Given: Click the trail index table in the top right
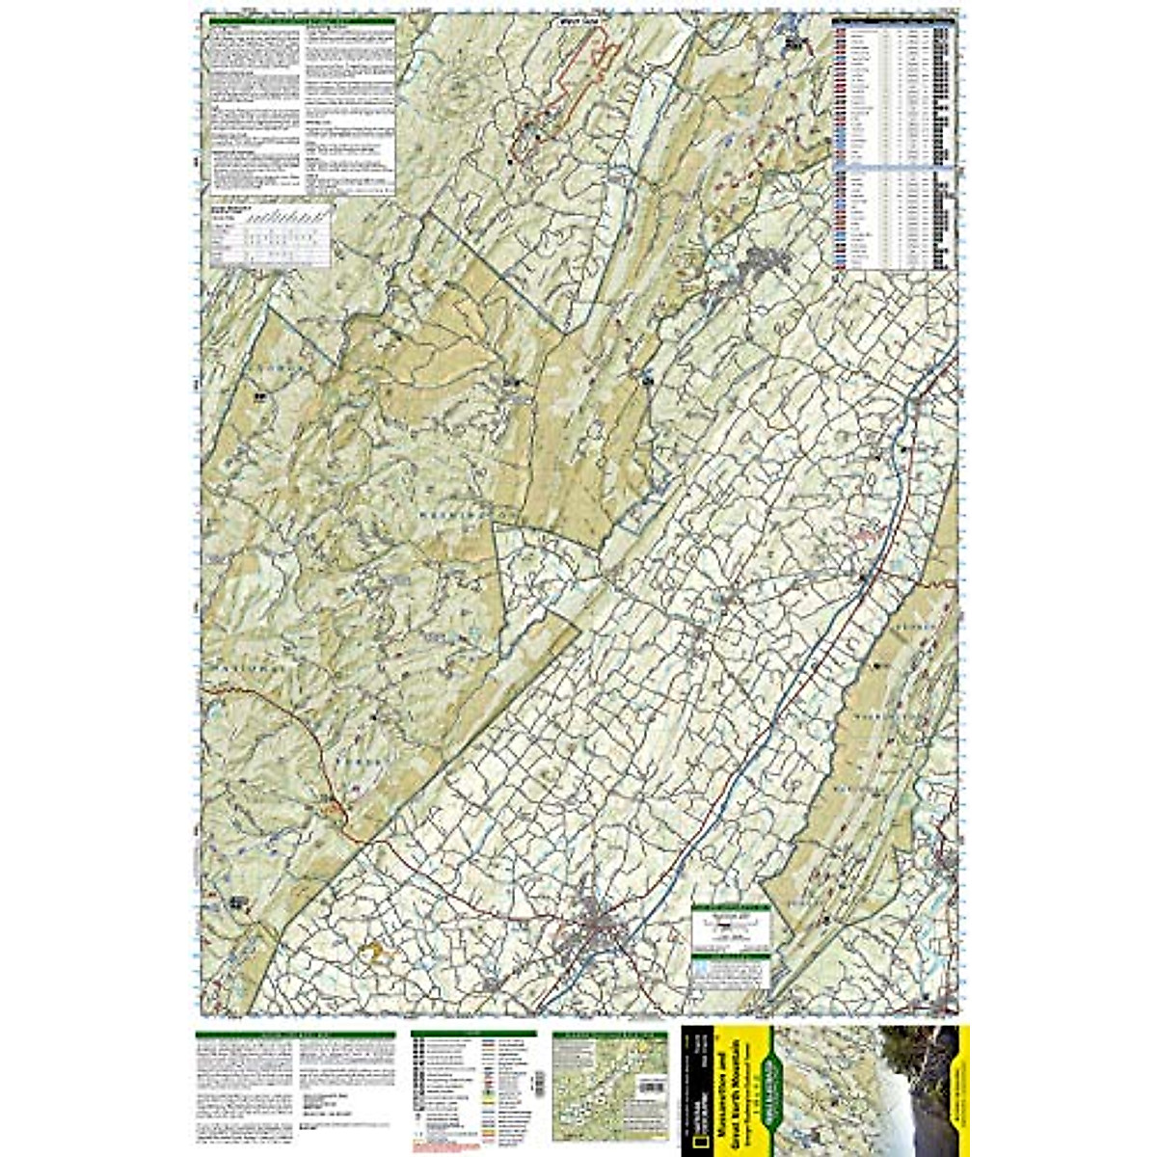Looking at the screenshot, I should tap(892, 145).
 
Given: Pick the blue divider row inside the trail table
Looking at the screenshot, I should tap(892, 168).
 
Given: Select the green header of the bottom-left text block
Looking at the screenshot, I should tap(295, 1035).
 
